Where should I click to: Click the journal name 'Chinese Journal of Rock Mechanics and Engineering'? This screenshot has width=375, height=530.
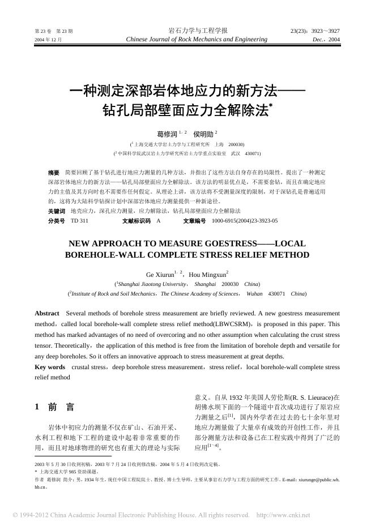pyautogui.click(x=198, y=40)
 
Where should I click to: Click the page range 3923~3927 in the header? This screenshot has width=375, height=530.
pyautogui.click(x=315, y=31)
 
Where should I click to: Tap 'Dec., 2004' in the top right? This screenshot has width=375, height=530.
pyautogui.click(x=326, y=40)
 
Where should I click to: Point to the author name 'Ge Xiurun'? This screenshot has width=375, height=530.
pyautogui.click(x=160, y=274)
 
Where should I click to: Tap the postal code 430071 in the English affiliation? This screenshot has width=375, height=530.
pyautogui.click(x=276, y=294)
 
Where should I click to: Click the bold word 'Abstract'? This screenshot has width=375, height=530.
pyautogui.click(x=47, y=313)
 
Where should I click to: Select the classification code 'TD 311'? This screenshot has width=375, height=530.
pyautogui.click(x=79, y=220)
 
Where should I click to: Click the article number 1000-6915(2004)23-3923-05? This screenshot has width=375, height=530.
pyautogui.click(x=245, y=220)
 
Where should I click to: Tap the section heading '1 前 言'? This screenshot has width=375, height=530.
pyautogui.click(x=54, y=407)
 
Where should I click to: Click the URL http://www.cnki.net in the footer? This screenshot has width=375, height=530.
pyautogui.click(x=283, y=515)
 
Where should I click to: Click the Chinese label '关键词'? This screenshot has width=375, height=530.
pyautogui.click(x=57, y=211)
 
